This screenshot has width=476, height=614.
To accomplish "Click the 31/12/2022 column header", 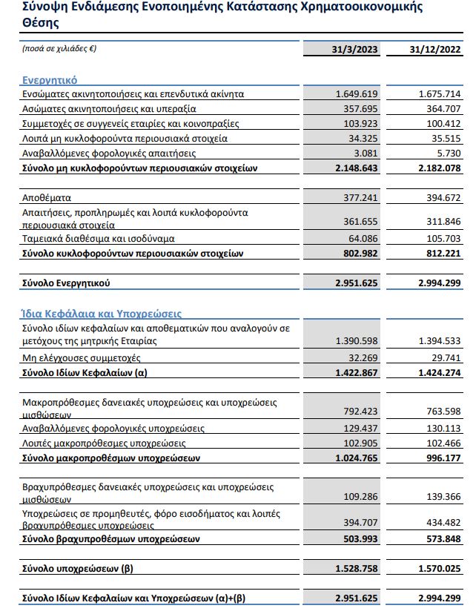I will click(435, 50).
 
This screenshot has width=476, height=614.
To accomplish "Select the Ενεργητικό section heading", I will click(49, 79).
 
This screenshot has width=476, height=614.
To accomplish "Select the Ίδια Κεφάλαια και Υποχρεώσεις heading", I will click(91, 314).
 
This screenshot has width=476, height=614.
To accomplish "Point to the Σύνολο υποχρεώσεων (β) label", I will click(76, 569).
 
